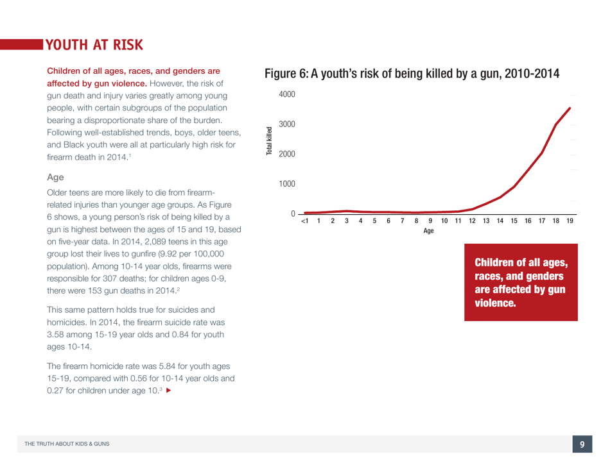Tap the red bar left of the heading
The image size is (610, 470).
(x=21, y=44)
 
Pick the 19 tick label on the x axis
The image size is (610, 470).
(x=570, y=221)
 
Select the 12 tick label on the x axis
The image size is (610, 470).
(x=472, y=221)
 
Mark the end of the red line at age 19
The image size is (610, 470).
(x=570, y=108)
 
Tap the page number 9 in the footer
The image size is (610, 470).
(x=582, y=444)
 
